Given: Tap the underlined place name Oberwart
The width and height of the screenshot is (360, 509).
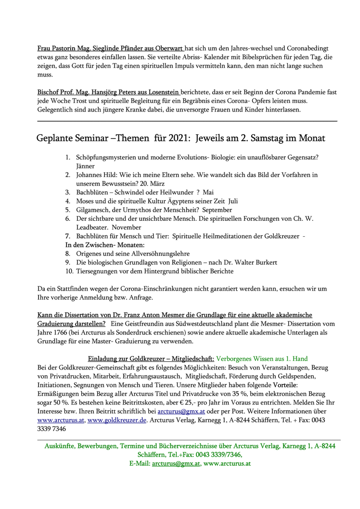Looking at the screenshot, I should tap(168, 49).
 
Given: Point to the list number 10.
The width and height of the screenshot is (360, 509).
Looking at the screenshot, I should tap(69, 271).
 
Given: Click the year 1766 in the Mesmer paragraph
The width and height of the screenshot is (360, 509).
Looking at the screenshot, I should tap(58, 333).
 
